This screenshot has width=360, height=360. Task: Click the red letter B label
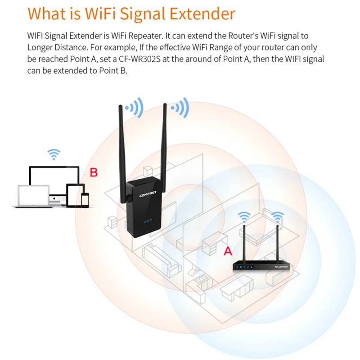point(94,172)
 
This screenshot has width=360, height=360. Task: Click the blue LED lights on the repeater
point(147,221)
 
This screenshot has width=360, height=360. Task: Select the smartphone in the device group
point(85,199)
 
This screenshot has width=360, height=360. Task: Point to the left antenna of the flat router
point(244,243)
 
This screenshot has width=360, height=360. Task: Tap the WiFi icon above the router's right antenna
point(278,217)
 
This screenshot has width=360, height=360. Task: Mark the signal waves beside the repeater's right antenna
point(182,108)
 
